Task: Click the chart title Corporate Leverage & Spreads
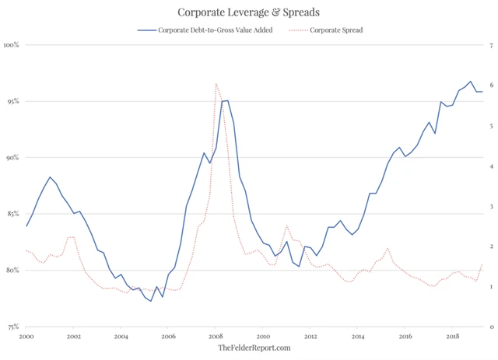point(249,12)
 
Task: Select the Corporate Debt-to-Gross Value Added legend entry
point(205,30)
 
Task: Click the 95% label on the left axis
point(12,101)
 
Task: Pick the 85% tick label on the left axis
point(12,214)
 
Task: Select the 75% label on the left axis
point(12,327)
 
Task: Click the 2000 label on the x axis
point(26,337)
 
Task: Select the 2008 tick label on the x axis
point(216,337)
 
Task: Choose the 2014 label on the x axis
point(358,337)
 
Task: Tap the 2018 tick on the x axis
point(453,337)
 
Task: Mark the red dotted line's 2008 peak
point(216,83)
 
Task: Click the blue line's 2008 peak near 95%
point(225,100)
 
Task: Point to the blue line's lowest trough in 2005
point(151,301)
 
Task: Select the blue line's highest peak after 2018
point(470,81)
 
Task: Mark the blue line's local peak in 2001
point(50,177)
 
